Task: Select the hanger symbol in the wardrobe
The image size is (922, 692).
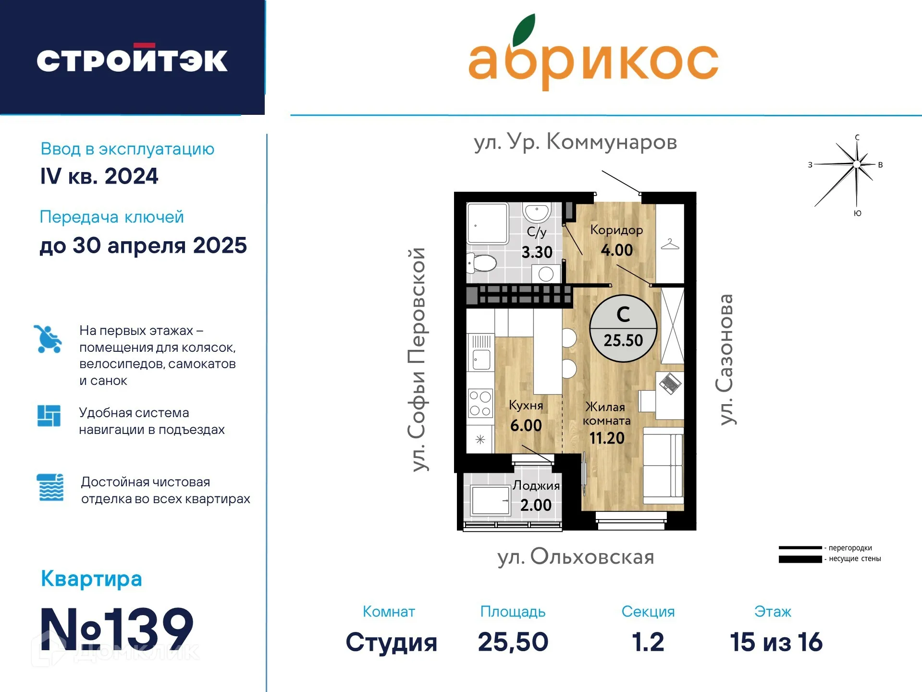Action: (x=670, y=244)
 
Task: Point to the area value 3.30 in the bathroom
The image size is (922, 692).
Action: (x=537, y=252)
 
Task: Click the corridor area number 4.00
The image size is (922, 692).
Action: (x=616, y=250)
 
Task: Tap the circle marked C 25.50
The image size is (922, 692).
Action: (x=623, y=328)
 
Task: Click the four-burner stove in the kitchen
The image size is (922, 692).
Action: (x=480, y=403)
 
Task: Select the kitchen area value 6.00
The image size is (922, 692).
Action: (x=526, y=426)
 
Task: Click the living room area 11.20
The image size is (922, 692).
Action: (x=606, y=438)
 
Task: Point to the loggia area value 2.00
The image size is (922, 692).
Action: (x=536, y=505)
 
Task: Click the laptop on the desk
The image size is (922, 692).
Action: (x=670, y=383)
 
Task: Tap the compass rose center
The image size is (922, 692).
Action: (x=857, y=164)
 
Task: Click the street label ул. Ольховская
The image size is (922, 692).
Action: (x=576, y=557)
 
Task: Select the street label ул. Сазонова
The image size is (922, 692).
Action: (x=725, y=359)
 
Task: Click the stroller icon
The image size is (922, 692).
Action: (x=48, y=339)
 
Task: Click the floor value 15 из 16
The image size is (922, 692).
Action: (x=776, y=642)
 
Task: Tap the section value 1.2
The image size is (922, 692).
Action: (x=648, y=642)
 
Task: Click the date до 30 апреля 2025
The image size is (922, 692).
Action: (x=143, y=246)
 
